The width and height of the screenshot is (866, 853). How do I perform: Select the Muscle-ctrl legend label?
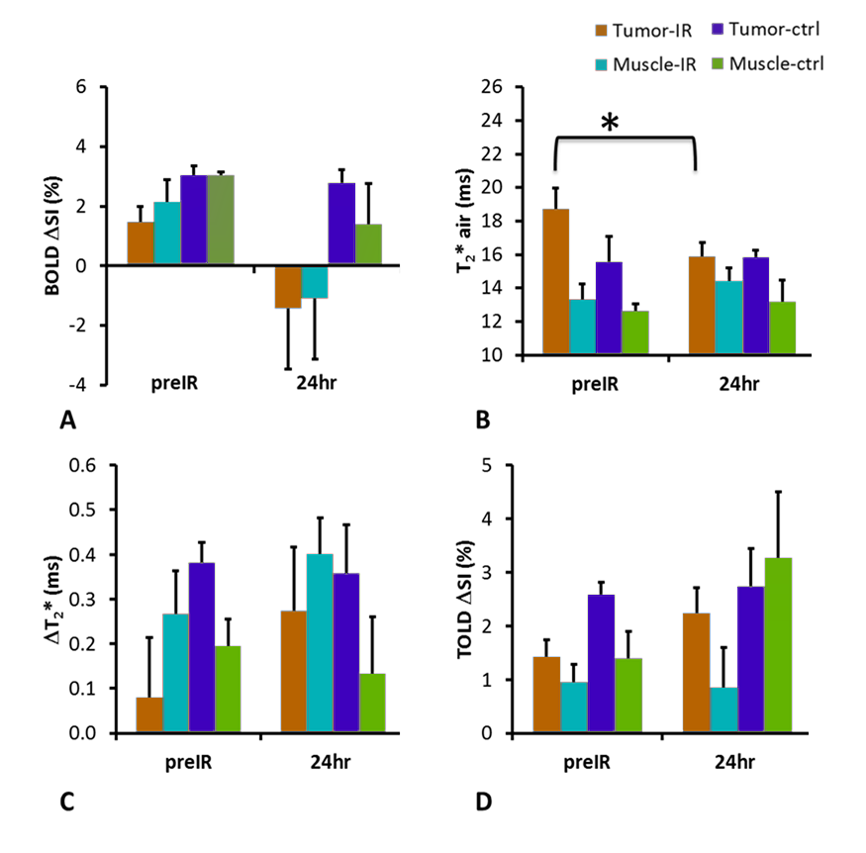coord(781,64)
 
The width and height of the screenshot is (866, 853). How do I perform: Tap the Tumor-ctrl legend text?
coord(779,30)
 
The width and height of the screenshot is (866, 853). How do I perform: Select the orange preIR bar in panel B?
coord(555,281)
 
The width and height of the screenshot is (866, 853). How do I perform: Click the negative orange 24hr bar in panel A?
coord(288,287)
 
